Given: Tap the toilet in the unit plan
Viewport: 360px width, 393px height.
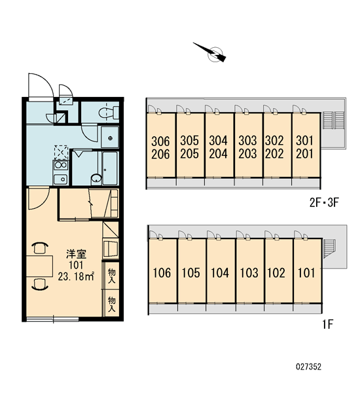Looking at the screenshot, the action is (109, 113).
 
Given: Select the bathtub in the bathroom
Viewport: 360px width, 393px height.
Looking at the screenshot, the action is (110, 168).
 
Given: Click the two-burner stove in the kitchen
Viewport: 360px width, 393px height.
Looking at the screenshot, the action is (60, 165).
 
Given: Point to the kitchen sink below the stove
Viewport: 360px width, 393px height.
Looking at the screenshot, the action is (60, 179).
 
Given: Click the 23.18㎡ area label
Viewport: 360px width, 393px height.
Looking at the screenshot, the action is (76, 276).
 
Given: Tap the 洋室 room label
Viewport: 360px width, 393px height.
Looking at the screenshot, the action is (76, 254).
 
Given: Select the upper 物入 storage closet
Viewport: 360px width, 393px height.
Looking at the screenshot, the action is (112, 276).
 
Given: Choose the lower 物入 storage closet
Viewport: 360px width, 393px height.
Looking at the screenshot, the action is (112, 303).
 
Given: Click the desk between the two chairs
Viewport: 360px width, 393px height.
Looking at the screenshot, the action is (39, 266).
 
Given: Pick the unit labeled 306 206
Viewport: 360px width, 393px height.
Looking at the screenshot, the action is (161, 145).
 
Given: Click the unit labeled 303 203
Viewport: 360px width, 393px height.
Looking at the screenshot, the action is (248, 145).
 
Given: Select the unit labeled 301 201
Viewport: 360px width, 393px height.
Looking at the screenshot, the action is (306, 145).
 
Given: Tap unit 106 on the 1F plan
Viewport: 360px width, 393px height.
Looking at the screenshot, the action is (163, 271).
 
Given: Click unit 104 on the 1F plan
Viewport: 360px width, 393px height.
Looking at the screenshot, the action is (221, 271).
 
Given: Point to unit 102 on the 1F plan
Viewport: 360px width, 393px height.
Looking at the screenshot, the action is (279, 271).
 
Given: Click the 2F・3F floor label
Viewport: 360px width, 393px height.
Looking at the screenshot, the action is (324, 202).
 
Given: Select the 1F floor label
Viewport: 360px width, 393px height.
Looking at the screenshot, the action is (328, 325).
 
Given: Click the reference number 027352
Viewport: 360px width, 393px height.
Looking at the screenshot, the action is (308, 367).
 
